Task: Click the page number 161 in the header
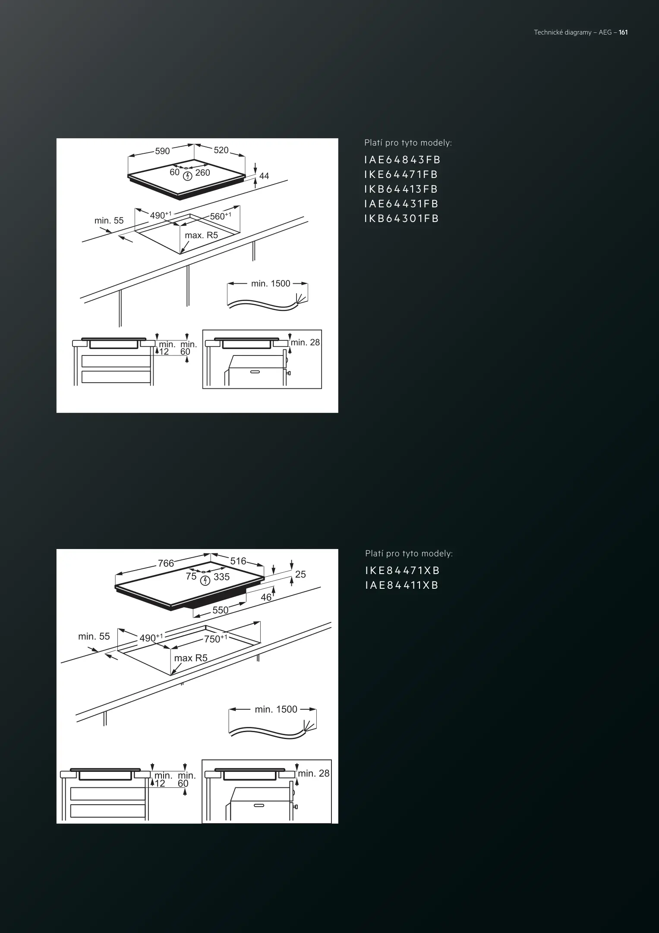[623, 32]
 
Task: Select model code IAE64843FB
[402, 160]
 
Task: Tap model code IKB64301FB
[401, 219]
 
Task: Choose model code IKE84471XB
[402, 571]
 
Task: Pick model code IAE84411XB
[402, 585]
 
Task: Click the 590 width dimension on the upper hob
[162, 151]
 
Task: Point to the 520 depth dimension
[221, 150]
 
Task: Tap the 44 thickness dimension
[264, 176]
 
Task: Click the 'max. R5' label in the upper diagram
[201, 235]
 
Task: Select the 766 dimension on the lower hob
[166, 563]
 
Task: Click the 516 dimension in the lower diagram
[238, 561]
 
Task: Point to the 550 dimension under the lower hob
[221, 610]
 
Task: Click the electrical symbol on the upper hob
[187, 176]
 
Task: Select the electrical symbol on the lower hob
[205, 581]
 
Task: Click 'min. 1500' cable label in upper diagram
[271, 284]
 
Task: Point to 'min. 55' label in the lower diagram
[94, 636]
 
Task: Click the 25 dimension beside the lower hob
[300, 574]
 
